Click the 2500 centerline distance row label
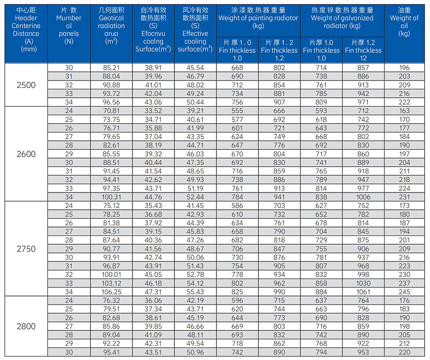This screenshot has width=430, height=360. coord(26,85)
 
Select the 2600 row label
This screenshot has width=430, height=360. coord(26,154)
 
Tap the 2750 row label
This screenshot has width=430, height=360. coord(26,248)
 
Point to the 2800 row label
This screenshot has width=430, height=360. coord(26,326)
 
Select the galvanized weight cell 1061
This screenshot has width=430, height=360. coord(363,291)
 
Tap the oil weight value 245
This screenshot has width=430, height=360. coord(404,291)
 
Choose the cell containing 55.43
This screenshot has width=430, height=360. coord(195,291)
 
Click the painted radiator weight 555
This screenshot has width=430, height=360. coord(237,111)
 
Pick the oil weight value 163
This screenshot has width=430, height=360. coord(404,111)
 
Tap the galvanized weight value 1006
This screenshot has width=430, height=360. coord(363,197)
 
